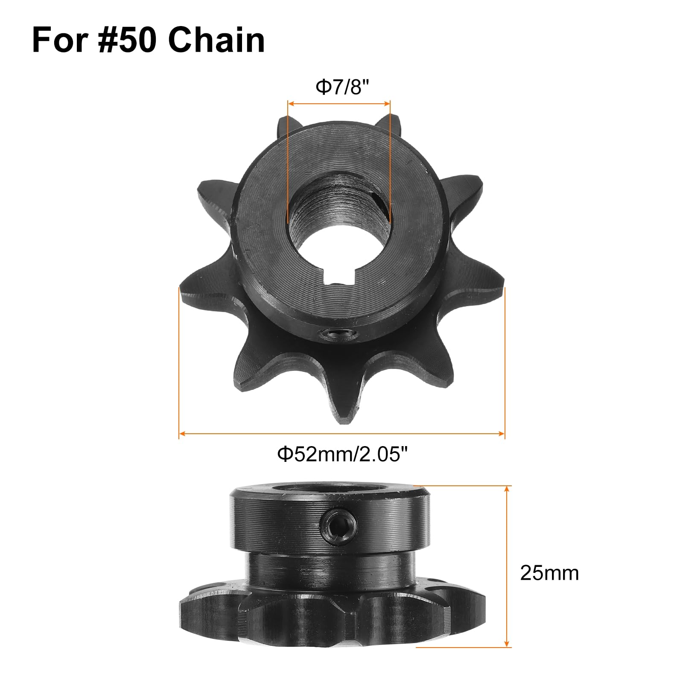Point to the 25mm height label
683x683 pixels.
pyautogui.click(x=549, y=573)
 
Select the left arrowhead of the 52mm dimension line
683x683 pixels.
pyautogui.click(x=181, y=434)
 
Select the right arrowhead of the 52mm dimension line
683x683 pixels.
pyautogui.click(x=502, y=434)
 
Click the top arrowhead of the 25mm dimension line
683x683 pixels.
pyautogui.click(x=507, y=488)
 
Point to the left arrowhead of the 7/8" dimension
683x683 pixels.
pyautogui.click(x=290, y=103)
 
